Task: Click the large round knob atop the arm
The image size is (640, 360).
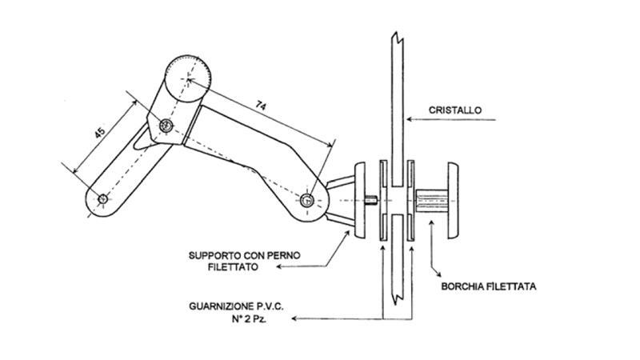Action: pyautogui.click(x=187, y=81)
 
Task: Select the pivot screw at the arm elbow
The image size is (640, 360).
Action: pyautogui.click(x=166, y=125)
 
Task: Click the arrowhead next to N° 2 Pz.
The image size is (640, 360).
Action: pyautogui.click(x=294, y=318)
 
